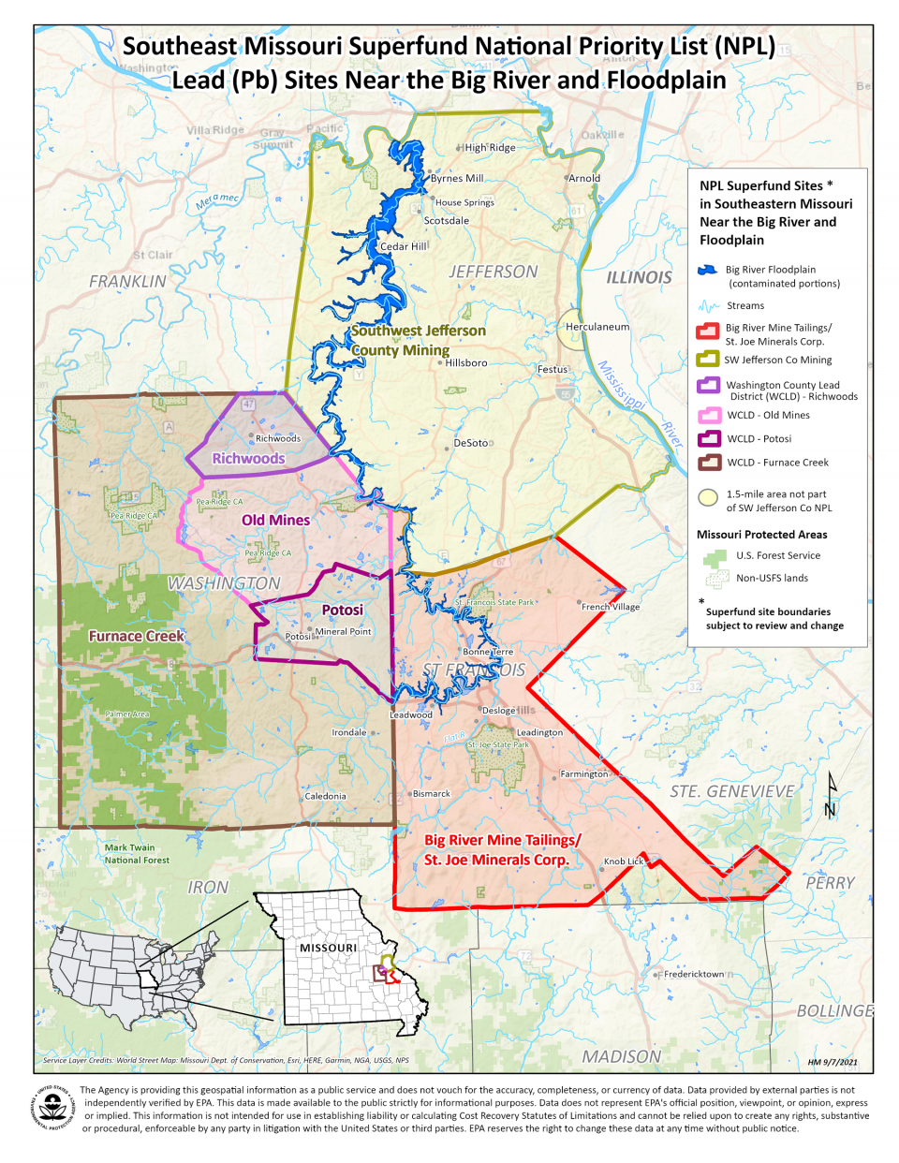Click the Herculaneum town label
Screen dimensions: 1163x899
point(597,327)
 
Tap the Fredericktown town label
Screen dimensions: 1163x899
point(694,974)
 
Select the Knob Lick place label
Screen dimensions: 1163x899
point(624,861)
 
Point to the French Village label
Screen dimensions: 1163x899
point(611,607)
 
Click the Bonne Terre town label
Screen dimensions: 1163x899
point(488,652)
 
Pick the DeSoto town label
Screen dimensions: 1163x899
point(471,443)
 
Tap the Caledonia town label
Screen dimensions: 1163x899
point(325,796)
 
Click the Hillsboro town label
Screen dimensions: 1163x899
point(466,362)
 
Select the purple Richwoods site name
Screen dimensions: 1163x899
point(248,458)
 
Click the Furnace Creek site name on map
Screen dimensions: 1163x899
point(137,636)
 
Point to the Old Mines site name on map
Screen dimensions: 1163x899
point(275,520)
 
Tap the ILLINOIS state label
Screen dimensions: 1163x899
point(639,277)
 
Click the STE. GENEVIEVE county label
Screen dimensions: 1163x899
point(731,791)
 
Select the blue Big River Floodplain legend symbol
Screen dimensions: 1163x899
point(708,270)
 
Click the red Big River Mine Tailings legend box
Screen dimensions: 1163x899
point(707,330)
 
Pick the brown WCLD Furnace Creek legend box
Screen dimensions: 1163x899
point(708,462)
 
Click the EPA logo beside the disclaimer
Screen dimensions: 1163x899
point(54,1109)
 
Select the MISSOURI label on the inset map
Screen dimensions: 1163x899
point(328,948)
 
